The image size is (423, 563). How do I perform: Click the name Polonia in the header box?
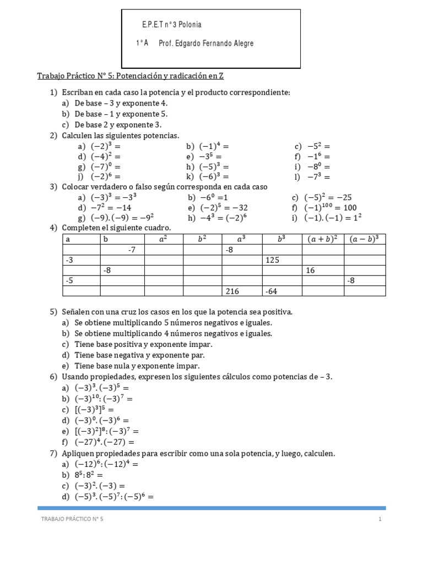pyautogui.click(x=189, y=25)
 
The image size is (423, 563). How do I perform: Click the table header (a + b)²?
pyautogui.click(x=322, y=239)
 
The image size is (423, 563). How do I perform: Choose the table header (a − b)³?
pyautogui.click(x=364, y=239)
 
